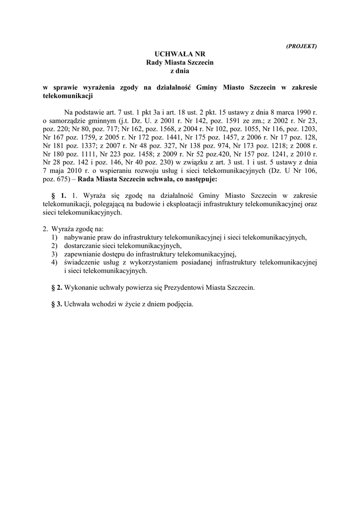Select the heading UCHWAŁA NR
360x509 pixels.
[x=180, y=54]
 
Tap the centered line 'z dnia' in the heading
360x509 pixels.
[x=180, y=70]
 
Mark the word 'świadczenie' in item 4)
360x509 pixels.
[x=83, y=262]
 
